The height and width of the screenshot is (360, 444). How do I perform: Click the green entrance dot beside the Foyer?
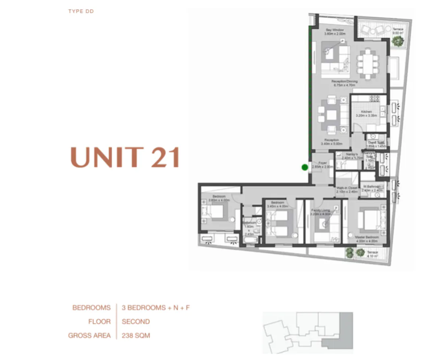[305, 167]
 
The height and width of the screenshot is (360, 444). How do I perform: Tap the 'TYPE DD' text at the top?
[81, 11]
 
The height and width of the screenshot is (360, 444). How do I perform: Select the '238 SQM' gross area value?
[136, 335]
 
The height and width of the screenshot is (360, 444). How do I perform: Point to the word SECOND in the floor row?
[136, 321]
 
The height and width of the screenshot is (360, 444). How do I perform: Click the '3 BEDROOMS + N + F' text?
[156, 308]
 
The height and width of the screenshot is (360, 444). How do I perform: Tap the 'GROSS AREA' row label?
[89, 335]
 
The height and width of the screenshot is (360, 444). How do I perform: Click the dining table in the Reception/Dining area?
[367, 63]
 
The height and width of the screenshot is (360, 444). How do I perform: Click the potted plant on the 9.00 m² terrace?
[398, 40]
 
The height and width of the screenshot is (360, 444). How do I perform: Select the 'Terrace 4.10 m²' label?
[372, 254]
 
